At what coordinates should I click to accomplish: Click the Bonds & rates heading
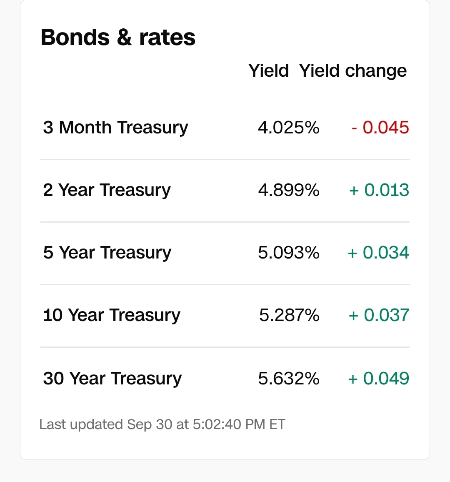[118, 38]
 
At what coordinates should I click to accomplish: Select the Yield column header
[269, 71]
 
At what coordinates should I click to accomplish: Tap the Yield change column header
[353, 71]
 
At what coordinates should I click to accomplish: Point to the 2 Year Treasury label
[107, 190]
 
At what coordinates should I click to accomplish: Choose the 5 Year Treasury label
[107, 253]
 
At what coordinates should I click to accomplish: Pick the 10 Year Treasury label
[112, 315]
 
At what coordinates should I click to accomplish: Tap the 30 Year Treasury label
[112, 379]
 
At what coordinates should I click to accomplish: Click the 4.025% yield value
[289, 127]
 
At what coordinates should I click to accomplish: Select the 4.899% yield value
[289, 190]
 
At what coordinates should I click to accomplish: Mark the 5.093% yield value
[289, 252]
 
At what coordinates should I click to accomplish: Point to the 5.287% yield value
[289, 315]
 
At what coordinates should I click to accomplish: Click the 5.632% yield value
[289, 378]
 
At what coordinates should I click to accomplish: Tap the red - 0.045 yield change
[380, 127]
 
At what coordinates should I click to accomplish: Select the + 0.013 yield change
[379, 190]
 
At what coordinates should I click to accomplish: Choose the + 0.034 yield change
[378, 252]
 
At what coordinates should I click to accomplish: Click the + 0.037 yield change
[379, 315]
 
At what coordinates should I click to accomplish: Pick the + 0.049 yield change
[379, 378]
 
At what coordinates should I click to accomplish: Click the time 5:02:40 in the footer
[217, 424]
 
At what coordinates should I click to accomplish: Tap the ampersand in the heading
[125, 38]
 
